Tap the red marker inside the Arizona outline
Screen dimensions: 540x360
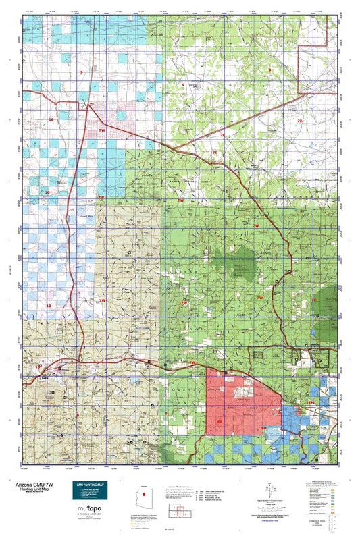coord(134,493)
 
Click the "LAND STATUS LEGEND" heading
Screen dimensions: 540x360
coord(322,481)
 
